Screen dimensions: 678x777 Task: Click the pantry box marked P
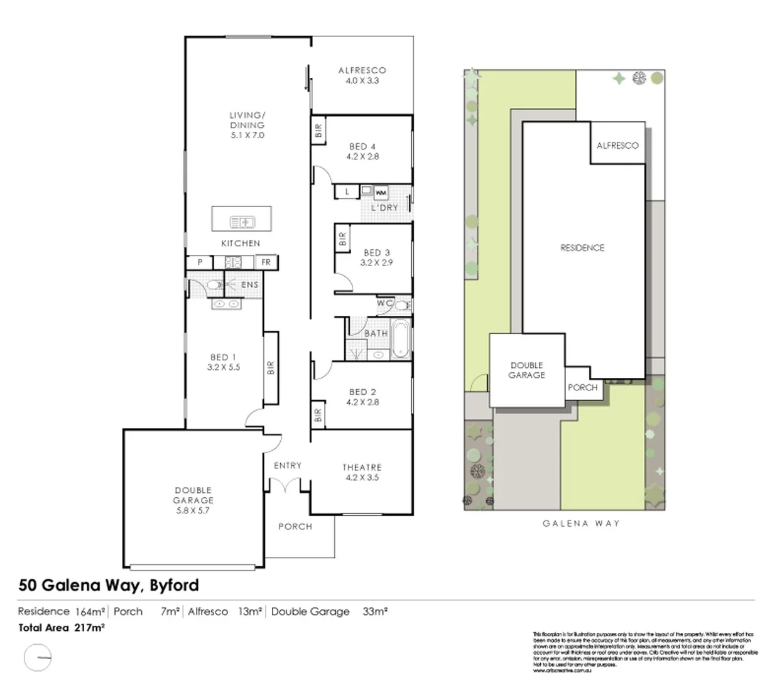pyautogui.click(x=200, y=262)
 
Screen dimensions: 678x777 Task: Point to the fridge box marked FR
pyautogui.click(x=266, y=262)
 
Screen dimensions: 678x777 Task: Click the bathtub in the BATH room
pyautogui.click(x=400, y=340)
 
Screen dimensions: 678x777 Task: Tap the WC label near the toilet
pyautogui.click(x=384, y=303)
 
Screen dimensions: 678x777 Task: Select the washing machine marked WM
pyautogui.click(x=381, y=193)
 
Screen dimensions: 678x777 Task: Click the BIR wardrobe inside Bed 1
pyautogui.click(x=271, y=368)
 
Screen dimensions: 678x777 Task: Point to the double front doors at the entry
pyautogui.click(x=285, y=485)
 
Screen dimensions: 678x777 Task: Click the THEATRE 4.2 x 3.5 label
pyautogui.click(x=362, y=472)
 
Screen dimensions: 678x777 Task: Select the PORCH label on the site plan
pyautogui.click(x=582, y=388)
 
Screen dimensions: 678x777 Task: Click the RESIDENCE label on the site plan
pyautogui.click(x=582, y=248)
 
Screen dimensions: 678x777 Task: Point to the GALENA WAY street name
pyautogui.click(x=581, y=523)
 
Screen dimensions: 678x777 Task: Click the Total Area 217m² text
pyautogui.click(x=62, y=627)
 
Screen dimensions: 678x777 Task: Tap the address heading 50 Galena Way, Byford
pyautogui.click(x=109, y=585)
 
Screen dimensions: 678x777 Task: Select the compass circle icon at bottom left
pyautogui.click(x=38, y=659)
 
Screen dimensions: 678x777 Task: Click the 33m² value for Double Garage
pyautogui.click(x=375, y=611)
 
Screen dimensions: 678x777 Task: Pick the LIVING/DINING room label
pyautogui.click(x=247, y=125)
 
